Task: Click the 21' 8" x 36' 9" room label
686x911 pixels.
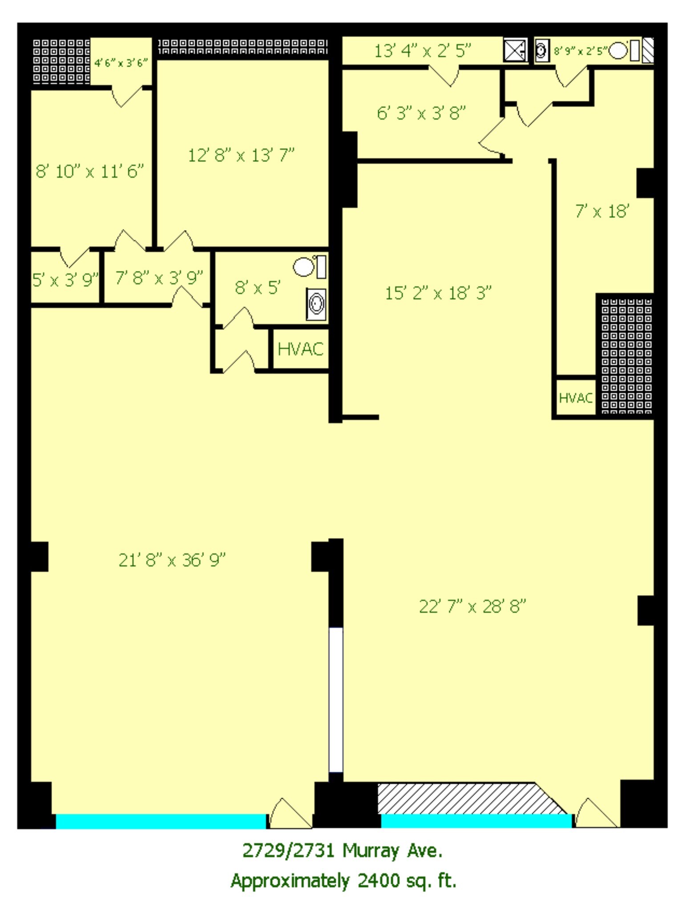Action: [x=172, y=560]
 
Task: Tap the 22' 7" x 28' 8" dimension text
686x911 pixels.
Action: [x=472, y=606]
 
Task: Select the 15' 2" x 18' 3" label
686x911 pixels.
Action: [x=438, y=293]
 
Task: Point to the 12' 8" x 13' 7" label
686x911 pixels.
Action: [x=241, y=155]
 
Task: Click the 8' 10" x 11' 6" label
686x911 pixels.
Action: [x=89, y=171]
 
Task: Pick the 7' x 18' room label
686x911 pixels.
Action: [x=602, y=211]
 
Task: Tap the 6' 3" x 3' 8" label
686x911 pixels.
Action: [x=421, y=113]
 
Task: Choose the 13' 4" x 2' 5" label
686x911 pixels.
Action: [x=422, y=51]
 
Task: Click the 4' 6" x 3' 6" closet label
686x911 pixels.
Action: [x=121, y=63]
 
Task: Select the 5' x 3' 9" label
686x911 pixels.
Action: [x=65, y=280]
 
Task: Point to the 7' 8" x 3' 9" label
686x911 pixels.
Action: [x=159, y=278]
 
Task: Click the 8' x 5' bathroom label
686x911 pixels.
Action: [x=257, y=288]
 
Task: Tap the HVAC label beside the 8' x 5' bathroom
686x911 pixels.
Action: [x=300, y=349]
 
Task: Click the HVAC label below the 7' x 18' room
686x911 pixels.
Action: [x=576, y=398]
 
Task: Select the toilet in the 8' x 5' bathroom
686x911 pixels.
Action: [x=304, y=267]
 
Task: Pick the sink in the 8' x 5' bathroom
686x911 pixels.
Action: [x=316, y=304]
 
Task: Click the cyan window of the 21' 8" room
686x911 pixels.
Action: [x=161, y=821]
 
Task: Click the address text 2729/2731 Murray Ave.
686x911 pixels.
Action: [x=343, y=851]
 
